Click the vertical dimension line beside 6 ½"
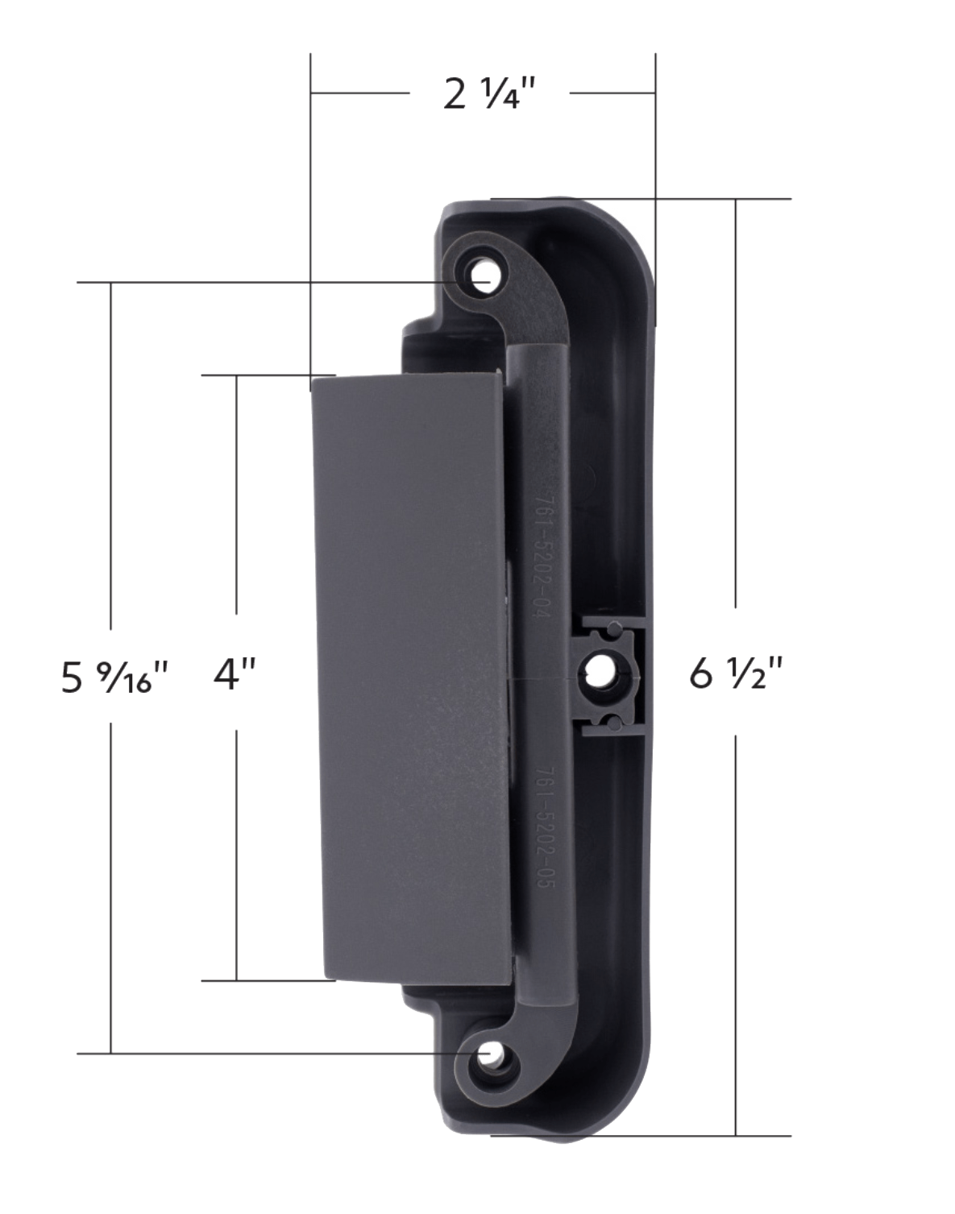[x=735, y=403]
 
